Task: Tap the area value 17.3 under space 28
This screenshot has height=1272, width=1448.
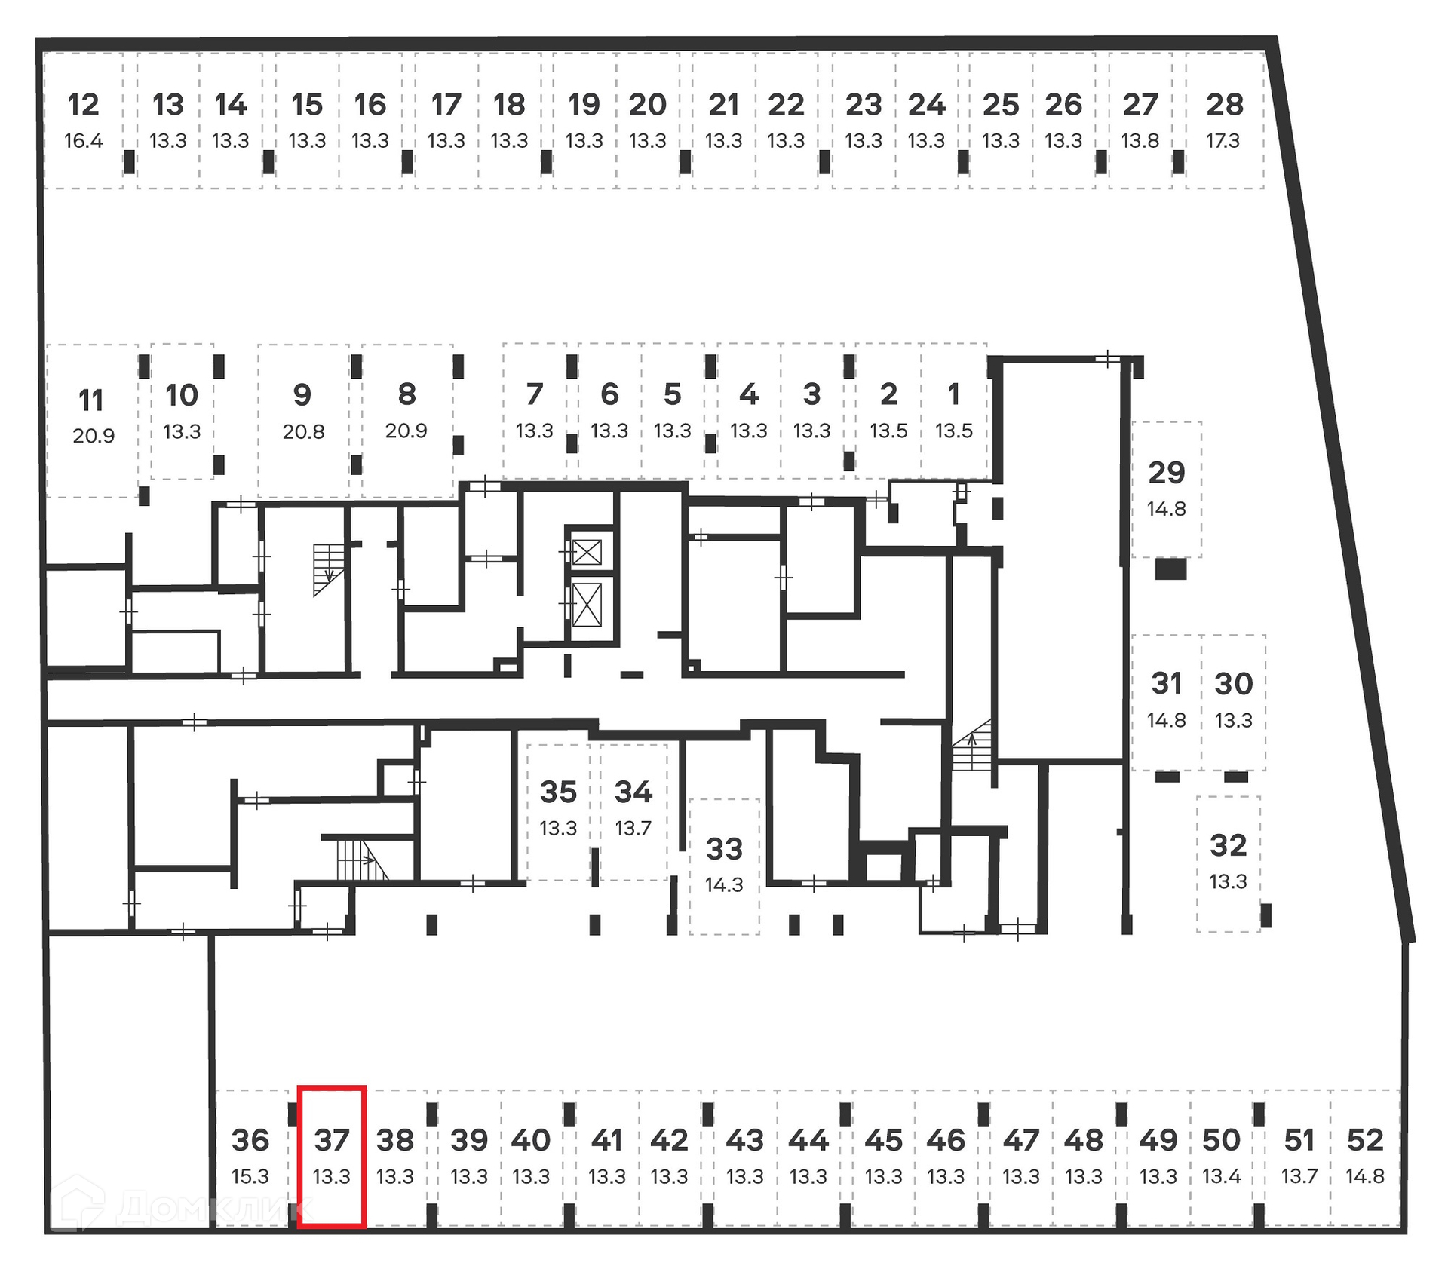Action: click(x=1223, y=141)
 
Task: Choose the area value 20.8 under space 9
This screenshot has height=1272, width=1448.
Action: click(x=303, y=432)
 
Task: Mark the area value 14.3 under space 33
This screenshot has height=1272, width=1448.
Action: click(x=724, y=885)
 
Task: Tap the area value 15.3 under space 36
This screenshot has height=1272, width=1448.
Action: click(x=250, y=1176)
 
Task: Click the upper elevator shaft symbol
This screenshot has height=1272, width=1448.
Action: click(x=587, y=553)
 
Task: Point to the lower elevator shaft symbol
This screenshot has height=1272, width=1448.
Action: click(x=587, y=605)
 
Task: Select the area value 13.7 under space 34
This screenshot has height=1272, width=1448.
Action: click(x=633, y=829)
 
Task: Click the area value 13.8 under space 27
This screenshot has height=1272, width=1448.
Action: click(x=1140, y=141)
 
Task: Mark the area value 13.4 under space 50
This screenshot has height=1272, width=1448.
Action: click(x=1221, y=1176)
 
